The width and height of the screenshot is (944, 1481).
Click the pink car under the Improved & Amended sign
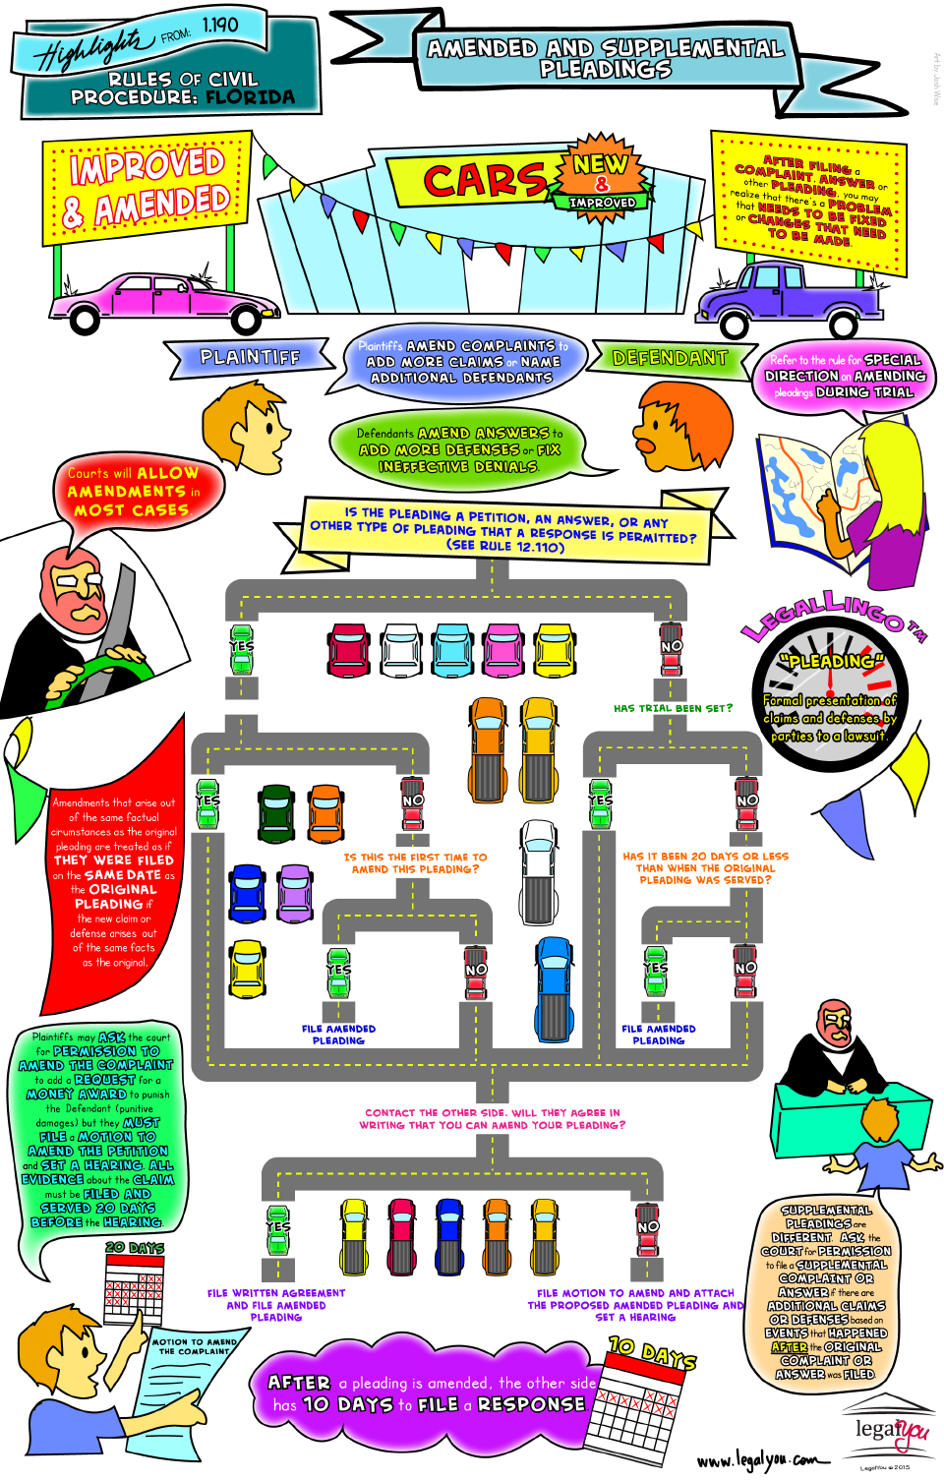[x=162, y=299]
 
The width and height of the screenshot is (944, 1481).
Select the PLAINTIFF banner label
[x=250, y=357]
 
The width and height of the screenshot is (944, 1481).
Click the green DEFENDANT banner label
[x=670, y=358]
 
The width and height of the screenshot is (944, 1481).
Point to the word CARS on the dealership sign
[x=484, y=180]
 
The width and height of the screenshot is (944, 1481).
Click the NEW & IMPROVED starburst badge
[x=602, y=178]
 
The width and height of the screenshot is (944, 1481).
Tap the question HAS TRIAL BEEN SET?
[x=673, y=708]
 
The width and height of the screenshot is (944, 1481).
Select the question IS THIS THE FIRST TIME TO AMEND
[x=415, y=863]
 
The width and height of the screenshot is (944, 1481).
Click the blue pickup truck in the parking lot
[x=555, y=987]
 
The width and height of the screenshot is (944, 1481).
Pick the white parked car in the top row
[x=401, y=649]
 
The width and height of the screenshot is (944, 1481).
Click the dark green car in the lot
[x=276, y=813]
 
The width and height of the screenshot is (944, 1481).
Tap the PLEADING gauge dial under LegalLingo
[x=830, y=699]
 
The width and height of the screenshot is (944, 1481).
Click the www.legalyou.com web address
[x=757, y=1459]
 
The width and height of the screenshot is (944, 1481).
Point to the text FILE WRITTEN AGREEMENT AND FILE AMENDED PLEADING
[x=276, y=1305]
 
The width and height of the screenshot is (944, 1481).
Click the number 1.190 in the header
[x=220, y=25]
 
